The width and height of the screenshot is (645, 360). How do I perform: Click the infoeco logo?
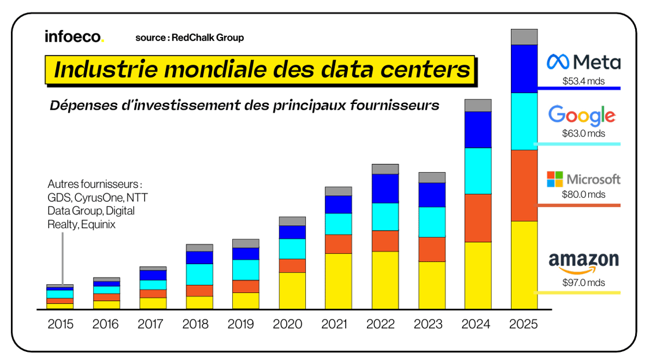[x=74, y=36]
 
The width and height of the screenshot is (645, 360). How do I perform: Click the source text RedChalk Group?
[x=190, y=38]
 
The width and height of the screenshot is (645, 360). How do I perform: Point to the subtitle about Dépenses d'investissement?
[x=244, y=106]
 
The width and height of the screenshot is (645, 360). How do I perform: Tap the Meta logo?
[x=583, y=62]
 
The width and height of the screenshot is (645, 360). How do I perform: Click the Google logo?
[x=581, y=116]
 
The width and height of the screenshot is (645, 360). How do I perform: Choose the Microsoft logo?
[x=583, y=179]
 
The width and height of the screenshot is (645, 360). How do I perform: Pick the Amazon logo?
[x=583, y=263]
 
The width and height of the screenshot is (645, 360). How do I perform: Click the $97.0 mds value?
[x=583, y=283]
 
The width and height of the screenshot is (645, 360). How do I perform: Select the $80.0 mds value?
[x=583, y=195]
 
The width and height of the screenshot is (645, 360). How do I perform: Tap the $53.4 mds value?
[x=583, y=81]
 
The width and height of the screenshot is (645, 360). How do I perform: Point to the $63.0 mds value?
[x=583, y=133]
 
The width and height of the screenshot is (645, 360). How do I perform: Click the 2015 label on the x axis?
[x=60, y=324]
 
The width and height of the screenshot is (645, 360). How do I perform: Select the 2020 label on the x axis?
[x=292, y=324]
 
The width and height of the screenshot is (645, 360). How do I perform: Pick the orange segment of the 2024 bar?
[x=477, y=218]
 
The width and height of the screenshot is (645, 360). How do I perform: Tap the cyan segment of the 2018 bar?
[x=199, y=274]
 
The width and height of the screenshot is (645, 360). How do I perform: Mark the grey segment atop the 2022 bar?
[x=385, y=169]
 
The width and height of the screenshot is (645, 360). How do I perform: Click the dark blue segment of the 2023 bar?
[x=431, y=195]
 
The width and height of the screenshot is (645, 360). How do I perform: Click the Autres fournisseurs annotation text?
[x=95, y=204]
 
